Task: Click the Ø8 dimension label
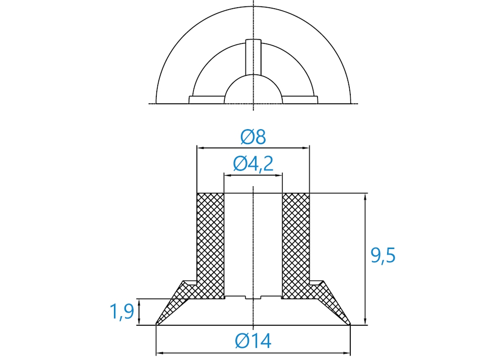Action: pyautogui.click(x=253, y=137)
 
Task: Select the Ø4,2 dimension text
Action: pyautogui.click(x=254, y=163)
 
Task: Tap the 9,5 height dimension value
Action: pyautogui.click(x=383, y=256)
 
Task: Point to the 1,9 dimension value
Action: pyautogui.click(x=122, y=312)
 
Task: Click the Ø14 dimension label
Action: pyautogui.click(x=253, y=341)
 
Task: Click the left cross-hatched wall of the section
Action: pyautogui.click(x=210, y=244)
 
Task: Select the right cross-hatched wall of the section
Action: pyautogui.click(x=296, y=244)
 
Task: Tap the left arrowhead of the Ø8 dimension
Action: pyautogui.click(x=201, y=148)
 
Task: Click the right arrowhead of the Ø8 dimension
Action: pyautogui.click(x=305, y=148)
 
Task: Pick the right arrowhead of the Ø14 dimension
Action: pyautogui.click(x=346, y=353)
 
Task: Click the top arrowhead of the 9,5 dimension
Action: pyautogui.click(x=365, y=197)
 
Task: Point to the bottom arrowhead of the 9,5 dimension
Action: pyautogui.click(x=365, y=321)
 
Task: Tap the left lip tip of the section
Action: pyautogui.click(x=156, y=324)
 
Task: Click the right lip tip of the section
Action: pyautogui.click(x=350, y=324)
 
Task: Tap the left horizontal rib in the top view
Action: pyautogui.click(x=206, y=100)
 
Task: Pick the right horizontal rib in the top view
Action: pyautogui.click(x=300, y=100)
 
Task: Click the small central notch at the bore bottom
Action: pyautogui.click(x=254, y=297)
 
